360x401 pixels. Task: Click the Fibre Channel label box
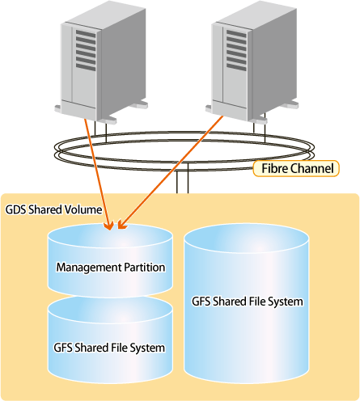tap(296, 169)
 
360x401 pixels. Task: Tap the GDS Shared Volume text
tap(53, 209)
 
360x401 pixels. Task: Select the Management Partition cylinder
tap(110, 260)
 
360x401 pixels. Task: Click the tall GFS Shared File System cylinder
tap(247, 303)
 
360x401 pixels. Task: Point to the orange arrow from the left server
tap(99, 175)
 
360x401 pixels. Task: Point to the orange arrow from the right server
tap(171, 172)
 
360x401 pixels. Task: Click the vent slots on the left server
tap(86, 50)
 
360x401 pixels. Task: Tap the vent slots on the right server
tap(236, 50)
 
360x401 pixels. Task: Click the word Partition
tap(145, 268)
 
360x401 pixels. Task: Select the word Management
tap(89, 268)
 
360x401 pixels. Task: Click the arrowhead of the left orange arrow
tap(110, 226)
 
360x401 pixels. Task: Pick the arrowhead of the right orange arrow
tap(122, 225)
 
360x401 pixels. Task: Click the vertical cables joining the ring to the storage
tap(182, 179)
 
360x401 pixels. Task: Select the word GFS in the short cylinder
tap(63, 348)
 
